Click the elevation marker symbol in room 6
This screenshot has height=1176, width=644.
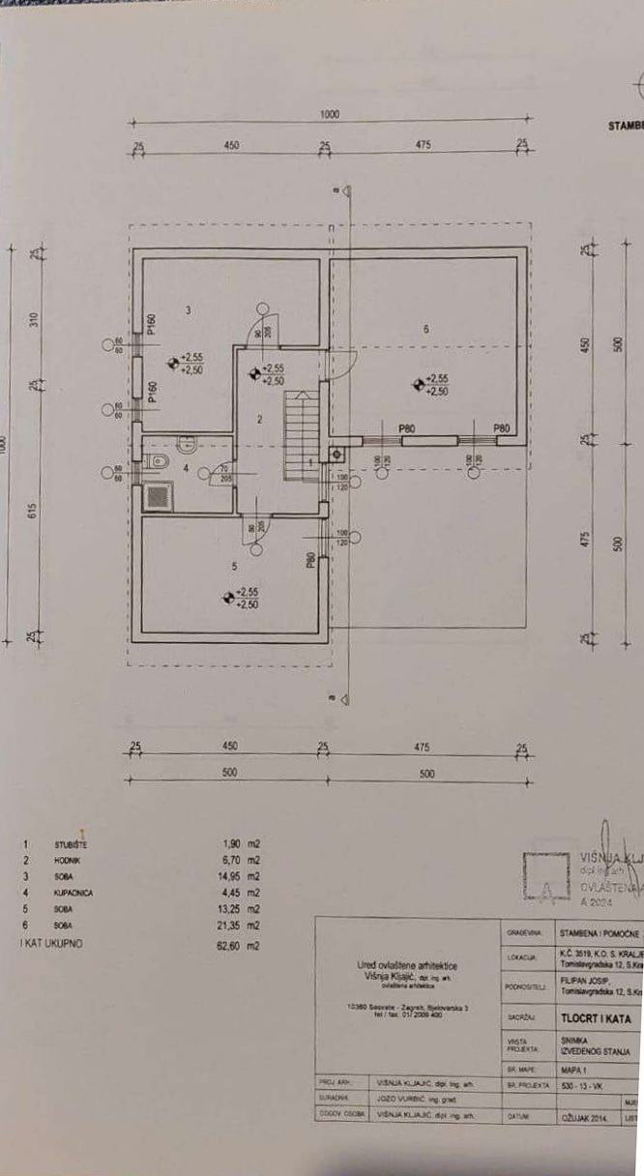pyautogui.click(x=419, y=385)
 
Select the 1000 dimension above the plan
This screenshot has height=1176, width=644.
pyautogui.click(x=329, y=115)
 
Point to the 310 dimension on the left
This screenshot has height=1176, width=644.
pyautogui.click(x=32, y=321)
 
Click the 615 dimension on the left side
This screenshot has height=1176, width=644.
pyautogui.click(x=32, y=514)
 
